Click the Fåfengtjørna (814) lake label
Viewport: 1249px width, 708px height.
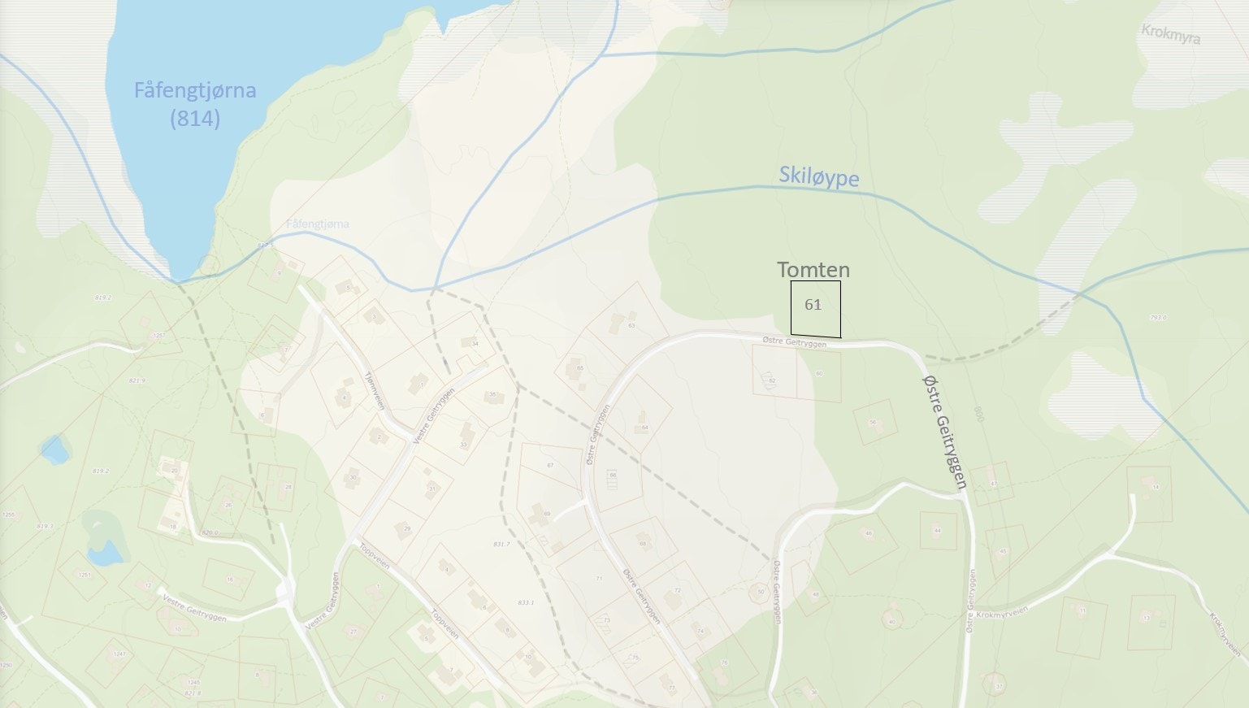(x=195, y=104)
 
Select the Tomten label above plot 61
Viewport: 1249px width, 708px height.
(x=813, y=270)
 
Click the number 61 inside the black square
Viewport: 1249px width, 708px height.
(x=813, y=305)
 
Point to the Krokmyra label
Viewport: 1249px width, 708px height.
(x=1170, y=34)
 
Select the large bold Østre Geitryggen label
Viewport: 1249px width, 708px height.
(x=944, y=431)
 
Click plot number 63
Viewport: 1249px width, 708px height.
(x=631, y=326)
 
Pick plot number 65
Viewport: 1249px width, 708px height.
(x=579, y=368)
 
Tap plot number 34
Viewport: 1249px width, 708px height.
(x=475, y=344)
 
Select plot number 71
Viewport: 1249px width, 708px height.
(x=599, y=579)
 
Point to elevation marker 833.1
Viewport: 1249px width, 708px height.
(x=526, y=602)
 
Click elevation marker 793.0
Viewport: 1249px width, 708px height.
(x=1158, y=318)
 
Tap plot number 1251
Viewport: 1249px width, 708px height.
(x=85, y=575)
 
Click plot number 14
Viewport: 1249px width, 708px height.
(x=1156, y=487)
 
